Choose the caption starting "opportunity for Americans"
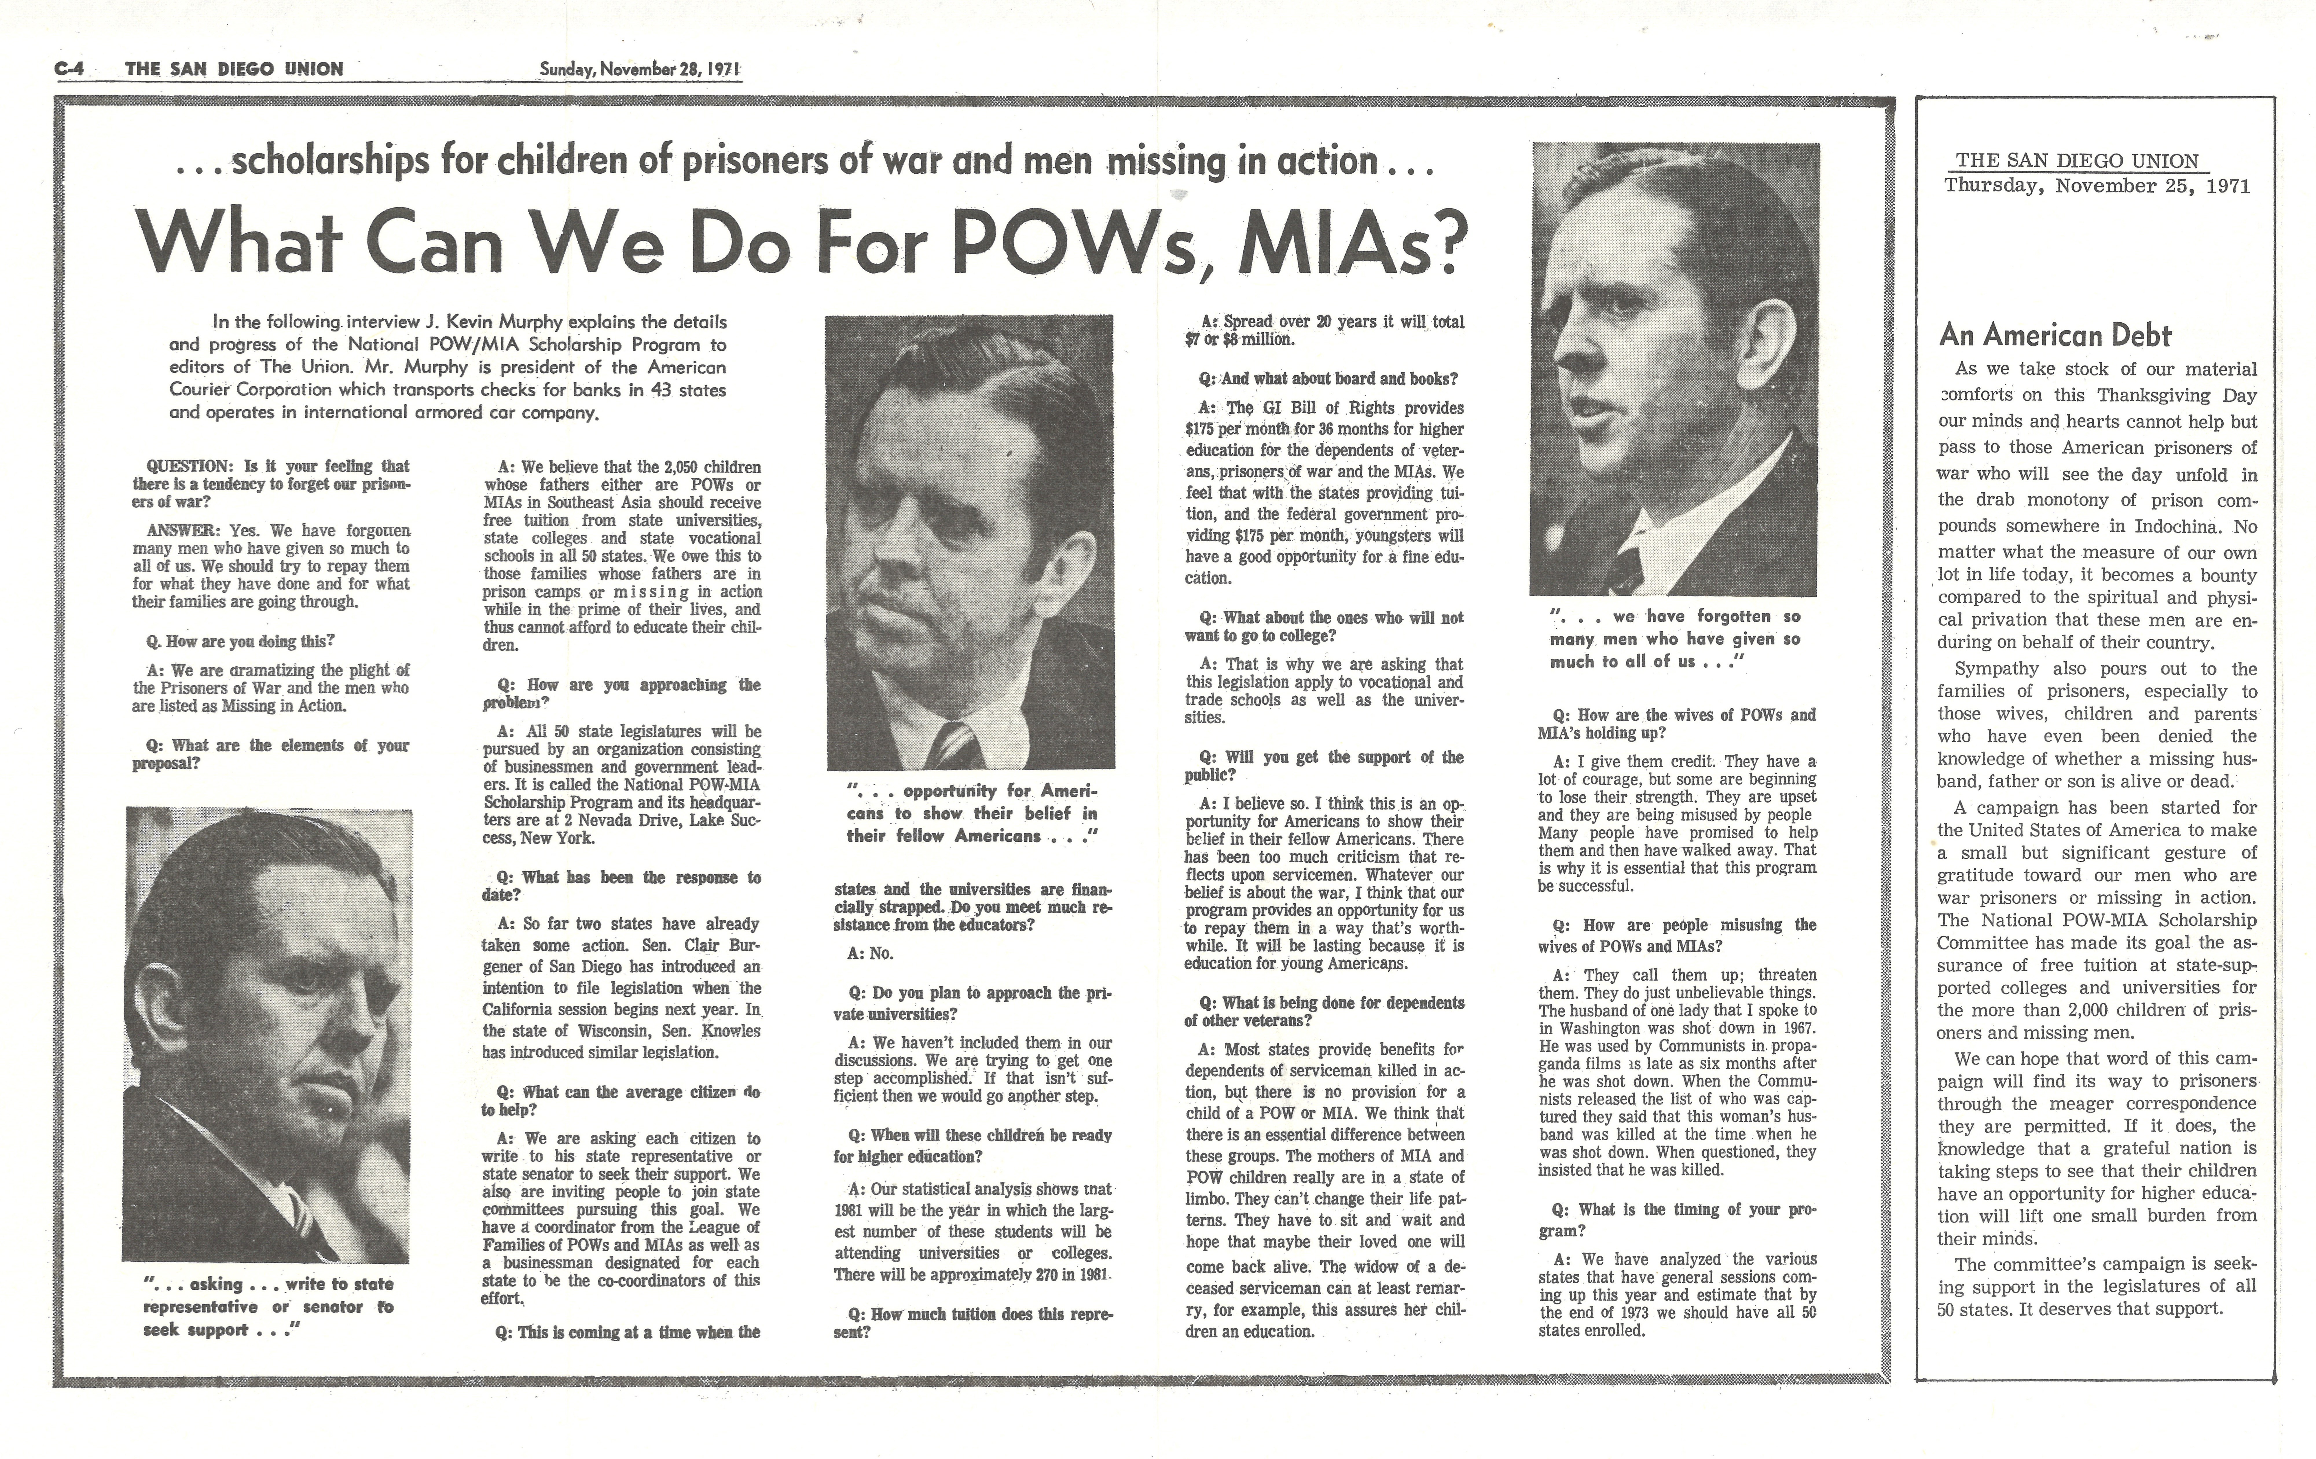click(x=971, y=814)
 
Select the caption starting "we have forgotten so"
click(x=1673, y=638)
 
